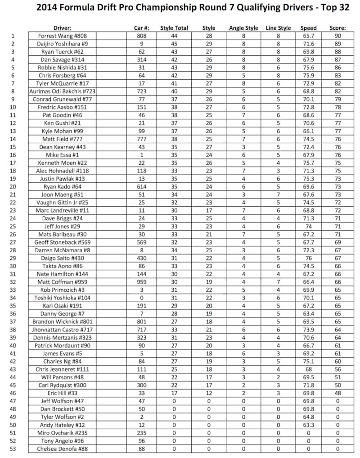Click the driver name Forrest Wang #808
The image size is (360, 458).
click(63, 36)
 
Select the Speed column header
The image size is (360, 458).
click(309, 28)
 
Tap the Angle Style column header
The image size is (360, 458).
click(243, 28)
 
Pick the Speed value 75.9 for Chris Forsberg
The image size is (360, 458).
click(309, 76)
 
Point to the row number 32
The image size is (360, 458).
click(13, 282)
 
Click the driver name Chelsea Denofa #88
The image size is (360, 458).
click(63, 449)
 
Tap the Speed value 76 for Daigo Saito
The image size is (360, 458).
click(309, 258)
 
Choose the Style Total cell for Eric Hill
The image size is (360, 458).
click(174, 393)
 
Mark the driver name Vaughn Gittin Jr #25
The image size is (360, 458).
click(63, 203)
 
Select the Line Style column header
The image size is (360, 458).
click(279, 28)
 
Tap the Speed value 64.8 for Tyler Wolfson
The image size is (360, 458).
click(309, 417)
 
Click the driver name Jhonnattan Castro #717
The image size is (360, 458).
click(63, 330)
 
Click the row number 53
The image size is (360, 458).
click(13, 449)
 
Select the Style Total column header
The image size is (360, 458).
click(174, 28)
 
